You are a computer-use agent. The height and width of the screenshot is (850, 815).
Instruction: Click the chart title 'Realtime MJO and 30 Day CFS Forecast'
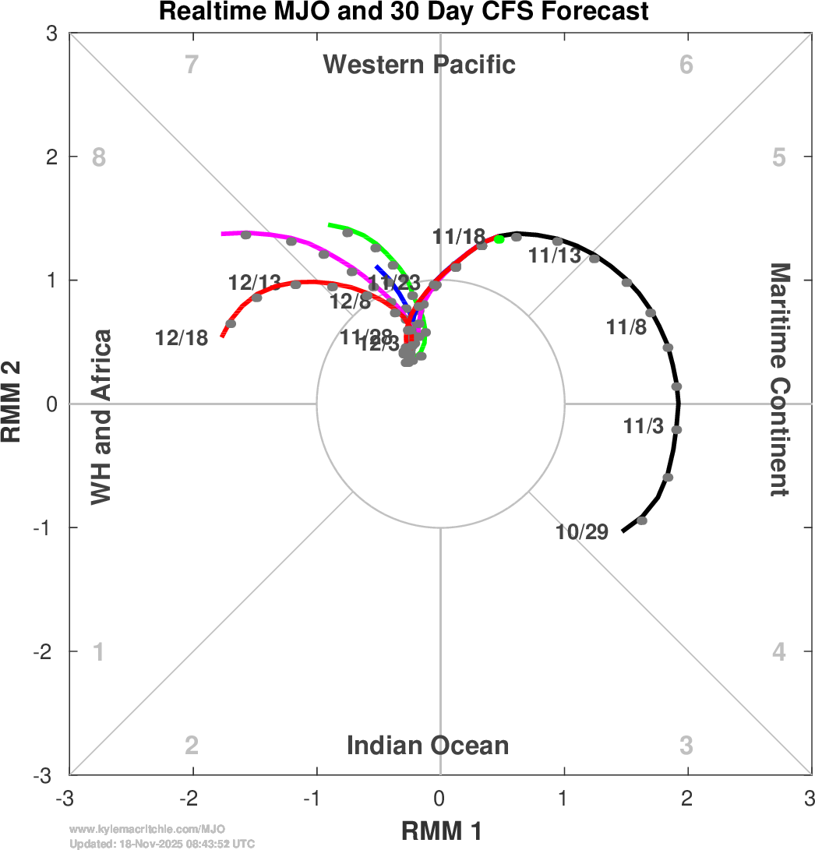pyautogui.click(x=404, y=12)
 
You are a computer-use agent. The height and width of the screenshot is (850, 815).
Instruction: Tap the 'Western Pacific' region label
pyautogui.click(x=419, y=64)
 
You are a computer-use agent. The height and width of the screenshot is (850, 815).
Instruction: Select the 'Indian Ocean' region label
pyautogui.click(x=428, y=746)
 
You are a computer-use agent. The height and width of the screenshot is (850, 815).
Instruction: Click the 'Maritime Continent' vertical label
pyautogui.click(x=780, y=379)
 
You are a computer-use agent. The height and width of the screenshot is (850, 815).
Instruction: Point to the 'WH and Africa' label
pyautogui.click(x=102, y=417)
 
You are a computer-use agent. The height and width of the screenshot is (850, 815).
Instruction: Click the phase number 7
pyautogui.click(x=192, y=64)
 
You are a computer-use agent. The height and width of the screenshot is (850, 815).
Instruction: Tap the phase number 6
pyautogui.click(x=686, y=64)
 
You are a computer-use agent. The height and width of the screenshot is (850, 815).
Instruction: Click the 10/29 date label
pyautogui.click(x=582, y=532)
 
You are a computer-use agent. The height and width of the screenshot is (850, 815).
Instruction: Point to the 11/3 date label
pyautogui.click(x=644, y=426)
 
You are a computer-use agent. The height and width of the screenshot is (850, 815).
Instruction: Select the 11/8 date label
pyautogui.click(x=626, y=327)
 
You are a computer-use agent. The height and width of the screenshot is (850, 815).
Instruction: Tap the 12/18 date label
pyautogui.click(x=182, y=338)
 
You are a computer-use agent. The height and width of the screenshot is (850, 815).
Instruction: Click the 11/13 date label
pyautogui.click(x=555, y=255)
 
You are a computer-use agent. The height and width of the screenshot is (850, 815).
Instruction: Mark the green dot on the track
pyautogui.click(x=499, y=239)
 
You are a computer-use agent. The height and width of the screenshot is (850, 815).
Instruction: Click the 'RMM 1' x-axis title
pyautogui.click(x=441, y=831)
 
